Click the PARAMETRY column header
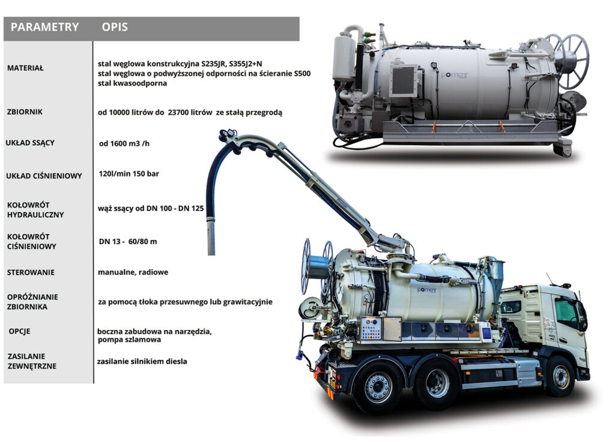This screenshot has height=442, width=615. [44, 27]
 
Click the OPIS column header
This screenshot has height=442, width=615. [115, 27]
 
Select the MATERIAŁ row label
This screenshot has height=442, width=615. [25, 68]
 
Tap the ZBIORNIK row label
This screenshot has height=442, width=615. [25, 112]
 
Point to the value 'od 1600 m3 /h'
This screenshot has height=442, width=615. [124, 144]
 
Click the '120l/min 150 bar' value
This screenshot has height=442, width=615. [129, 174]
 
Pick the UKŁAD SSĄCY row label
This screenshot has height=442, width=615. [30, 143]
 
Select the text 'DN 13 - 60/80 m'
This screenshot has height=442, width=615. [128, 242]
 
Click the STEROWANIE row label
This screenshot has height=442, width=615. [31, 272]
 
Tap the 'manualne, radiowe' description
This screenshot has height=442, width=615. [133, 272]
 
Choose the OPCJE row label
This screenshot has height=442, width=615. [19, 331]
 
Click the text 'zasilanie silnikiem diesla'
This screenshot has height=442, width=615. [142, 362]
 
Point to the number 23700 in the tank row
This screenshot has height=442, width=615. [179, 112]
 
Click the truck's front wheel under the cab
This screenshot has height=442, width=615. [561, 376]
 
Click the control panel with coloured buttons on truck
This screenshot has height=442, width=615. [371, 328]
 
